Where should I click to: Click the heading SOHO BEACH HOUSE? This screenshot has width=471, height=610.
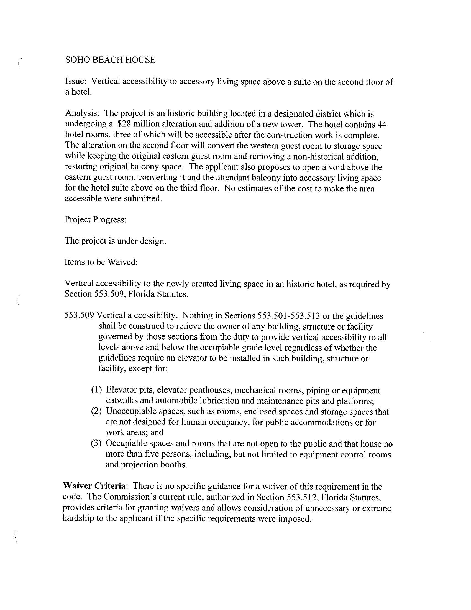110,60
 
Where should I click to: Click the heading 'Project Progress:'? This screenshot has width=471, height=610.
96,219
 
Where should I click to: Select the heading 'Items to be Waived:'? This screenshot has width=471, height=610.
101,262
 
